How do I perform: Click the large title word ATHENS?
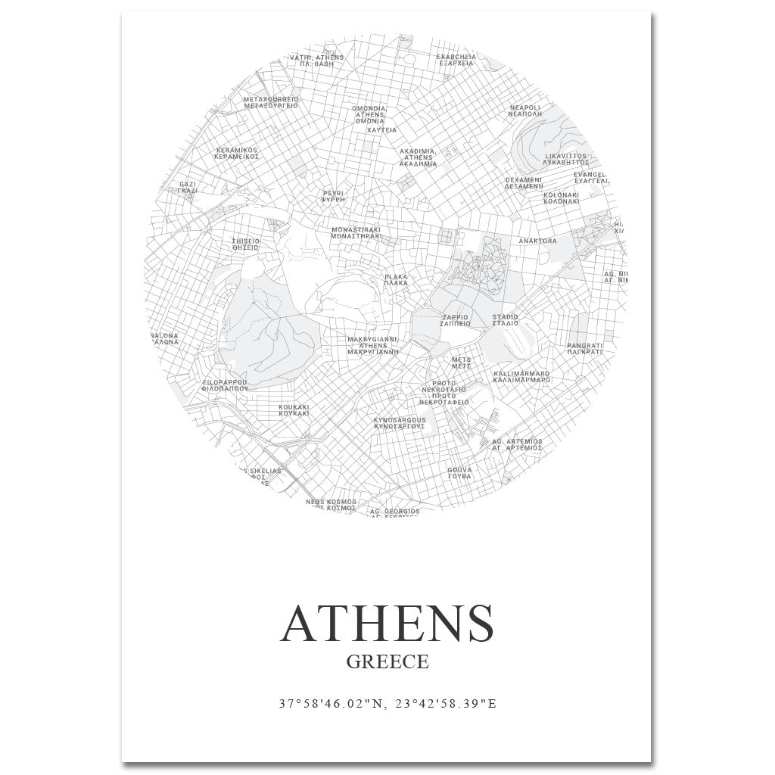point(387,623)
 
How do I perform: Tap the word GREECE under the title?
point(387,661)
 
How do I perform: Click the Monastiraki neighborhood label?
point(356,232)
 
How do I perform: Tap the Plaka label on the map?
point(396,280)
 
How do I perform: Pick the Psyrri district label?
point(333,196)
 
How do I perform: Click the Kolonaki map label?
point(561,198)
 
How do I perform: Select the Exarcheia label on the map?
point(456,60)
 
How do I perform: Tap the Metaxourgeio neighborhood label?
point(271,102)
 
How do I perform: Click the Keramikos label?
point(237,154)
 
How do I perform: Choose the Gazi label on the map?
point(188,187)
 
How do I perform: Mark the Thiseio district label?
point(245,244)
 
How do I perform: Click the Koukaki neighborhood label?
point(294,410)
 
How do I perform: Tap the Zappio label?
point(455,320)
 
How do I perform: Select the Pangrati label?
point(584,349)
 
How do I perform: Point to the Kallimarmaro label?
point(521,376)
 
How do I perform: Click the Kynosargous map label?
point(400,423)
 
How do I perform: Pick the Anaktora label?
point(537,241)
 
